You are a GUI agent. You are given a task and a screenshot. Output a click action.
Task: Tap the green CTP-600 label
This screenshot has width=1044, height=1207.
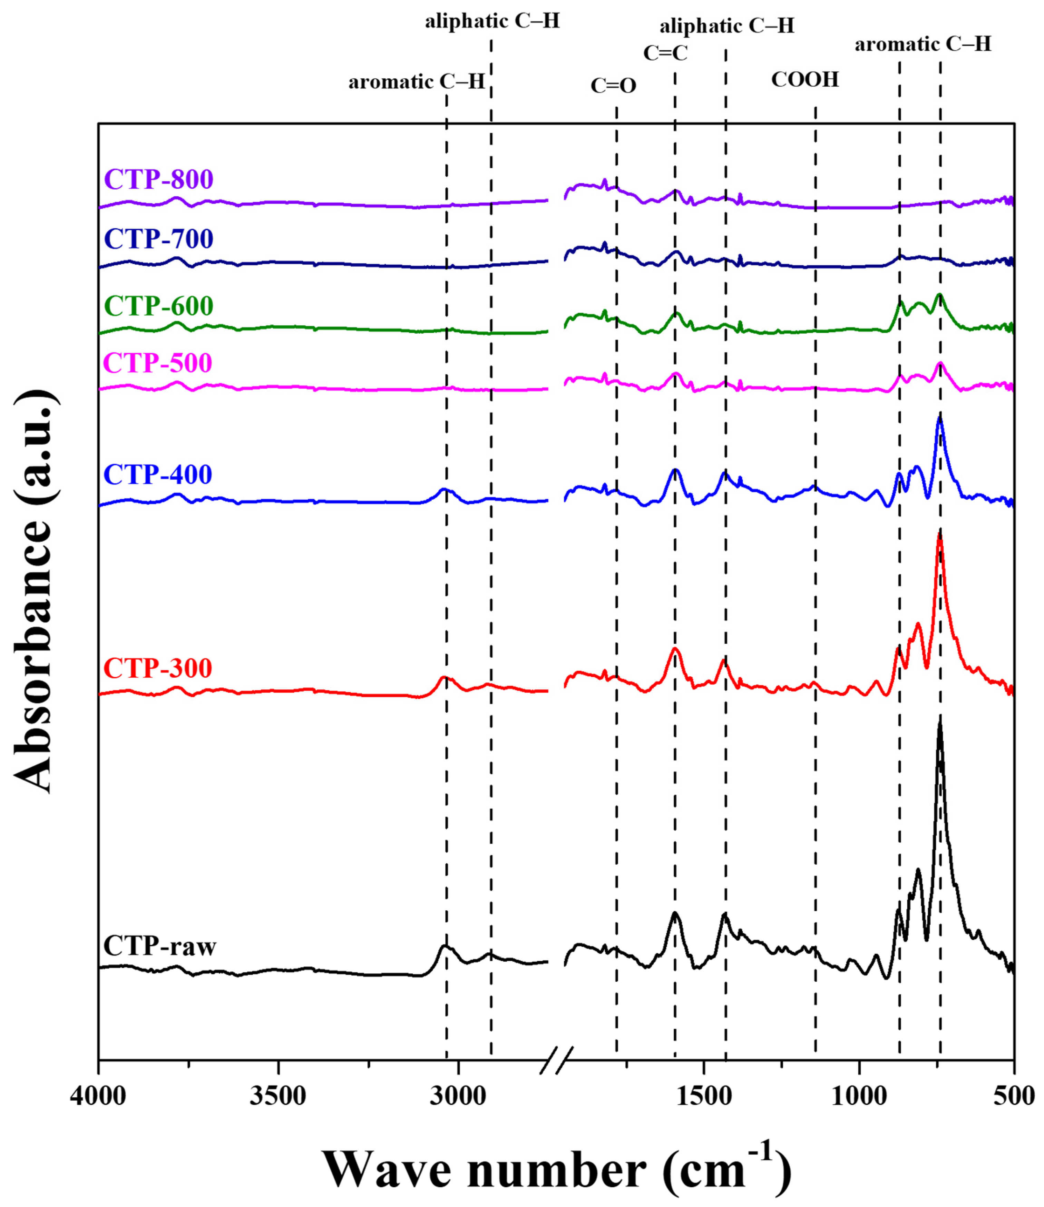click(158, 305)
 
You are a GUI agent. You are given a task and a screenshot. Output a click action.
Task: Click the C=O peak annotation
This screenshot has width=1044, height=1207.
click(614, 86)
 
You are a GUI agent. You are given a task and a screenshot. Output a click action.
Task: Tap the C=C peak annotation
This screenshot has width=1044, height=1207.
click(665, 53)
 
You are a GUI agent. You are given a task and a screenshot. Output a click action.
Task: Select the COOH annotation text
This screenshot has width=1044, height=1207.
click(805, 79)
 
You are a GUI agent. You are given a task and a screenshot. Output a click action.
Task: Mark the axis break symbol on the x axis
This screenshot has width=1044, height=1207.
click(556, 1053)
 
